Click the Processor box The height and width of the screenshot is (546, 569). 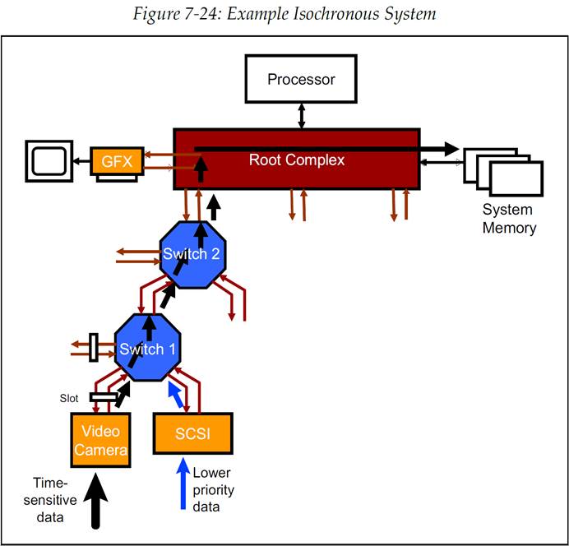pyautogui.click(x=301, y=81)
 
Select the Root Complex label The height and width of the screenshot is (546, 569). pyautogui.click(x=297, y=160)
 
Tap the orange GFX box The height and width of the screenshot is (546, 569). pyautogui.click(x=117, y=160)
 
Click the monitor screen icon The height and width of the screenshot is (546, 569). pyautogui.click(x=49, y=161)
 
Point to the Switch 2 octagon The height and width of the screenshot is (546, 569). pyautogui.click(x=190, y=253)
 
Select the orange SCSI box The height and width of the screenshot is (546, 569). pyautogui.click(x=193, y=433)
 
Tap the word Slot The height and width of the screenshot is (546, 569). pyautogui.click(x=70, y=398)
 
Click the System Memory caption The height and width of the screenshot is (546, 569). pyautogui.click(x=509, y=219)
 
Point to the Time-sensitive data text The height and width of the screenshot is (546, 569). pyautogui.click(x=55, y=499)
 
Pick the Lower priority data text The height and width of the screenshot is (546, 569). pyautogui.click(x=213, y=490)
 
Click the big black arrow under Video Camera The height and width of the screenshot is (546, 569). pyautogui.click(x=98, y=497)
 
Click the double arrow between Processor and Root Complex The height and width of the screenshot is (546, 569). pyautogui.click(x=302, y=114)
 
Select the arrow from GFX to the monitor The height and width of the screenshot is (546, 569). pyautogui.click(x=81, y=161)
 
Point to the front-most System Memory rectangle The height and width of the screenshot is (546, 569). pyautogui.click(x=516, y=178)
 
